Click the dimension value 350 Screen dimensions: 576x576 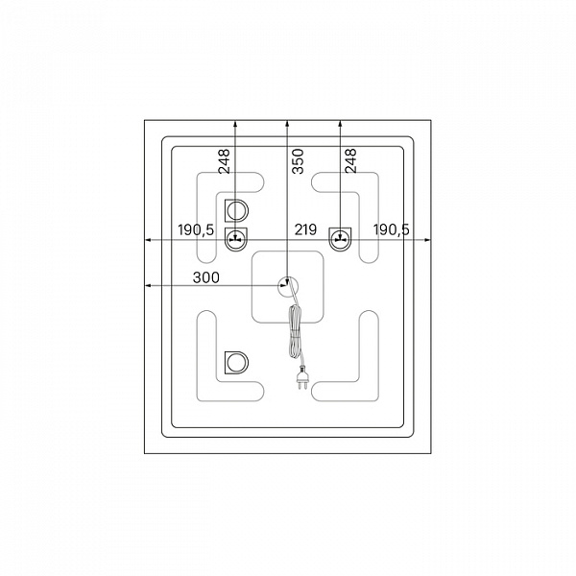298,161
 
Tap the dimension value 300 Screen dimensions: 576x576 206,277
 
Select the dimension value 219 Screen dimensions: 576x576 305,229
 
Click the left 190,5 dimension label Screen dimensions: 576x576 196,230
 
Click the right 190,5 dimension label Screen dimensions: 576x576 392,230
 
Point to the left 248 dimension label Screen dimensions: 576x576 224,161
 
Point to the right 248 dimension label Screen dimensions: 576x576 350,161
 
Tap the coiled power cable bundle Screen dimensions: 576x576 295,330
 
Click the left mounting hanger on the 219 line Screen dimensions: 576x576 236,239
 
